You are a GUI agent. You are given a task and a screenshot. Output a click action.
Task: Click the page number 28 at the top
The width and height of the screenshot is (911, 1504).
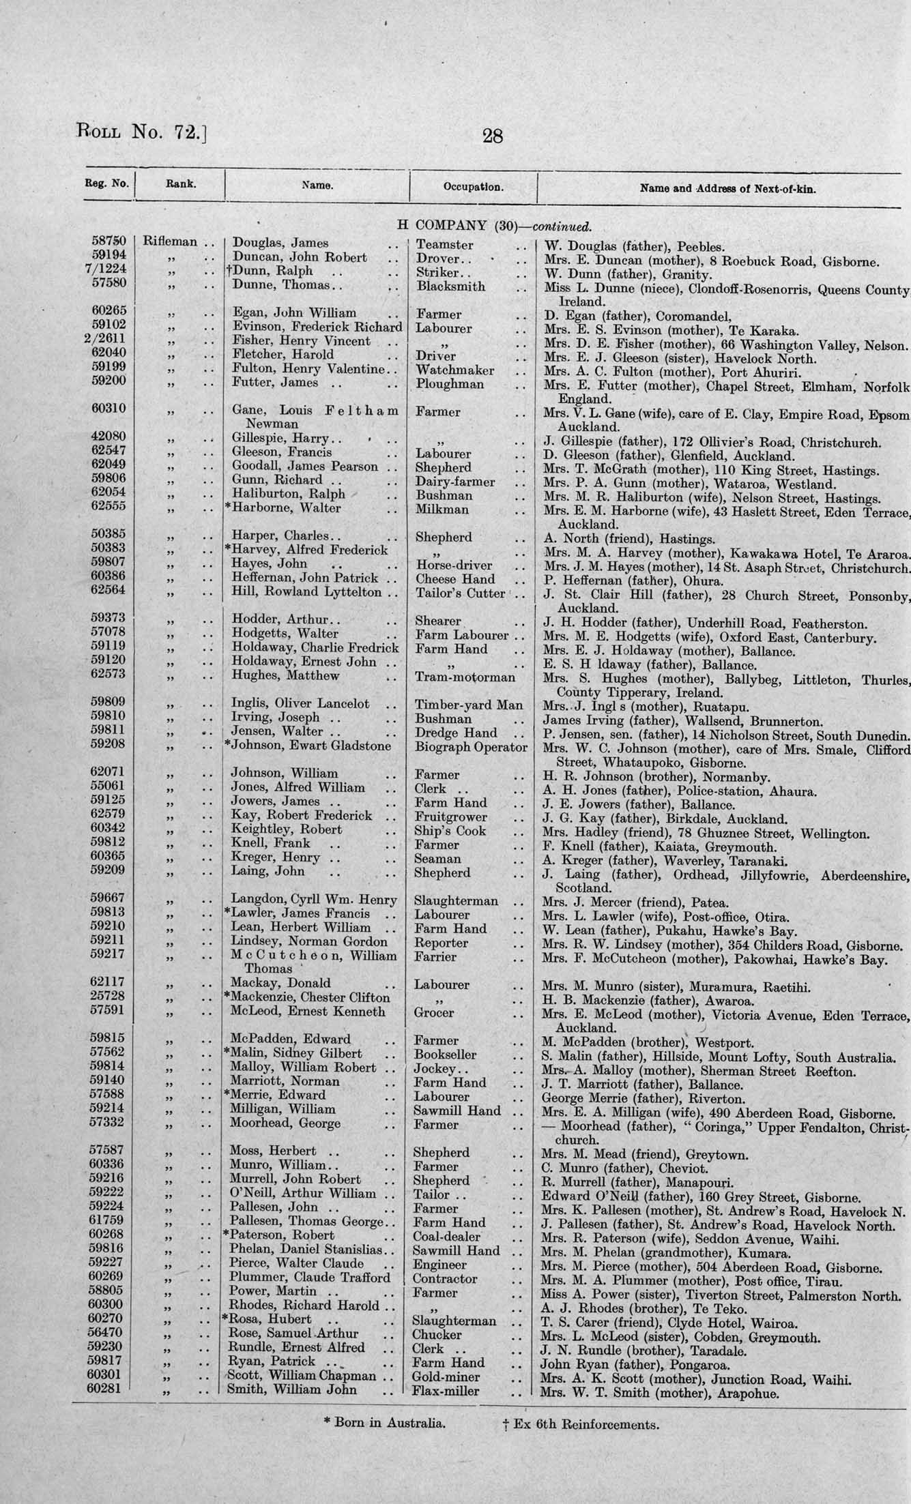(x=492, y=136)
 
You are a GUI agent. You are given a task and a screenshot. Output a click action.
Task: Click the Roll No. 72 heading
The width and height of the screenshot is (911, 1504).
(x=141, y=130)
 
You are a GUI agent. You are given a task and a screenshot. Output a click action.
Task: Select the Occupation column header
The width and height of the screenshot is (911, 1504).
(x=473, y=187)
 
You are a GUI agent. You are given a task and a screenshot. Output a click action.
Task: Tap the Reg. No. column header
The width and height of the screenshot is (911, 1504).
(x=107, y=183)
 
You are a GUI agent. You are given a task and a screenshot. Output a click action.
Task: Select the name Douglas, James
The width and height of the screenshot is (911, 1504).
(x=280, y=243)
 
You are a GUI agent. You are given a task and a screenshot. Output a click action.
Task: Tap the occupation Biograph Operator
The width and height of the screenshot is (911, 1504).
(x=471, y=747)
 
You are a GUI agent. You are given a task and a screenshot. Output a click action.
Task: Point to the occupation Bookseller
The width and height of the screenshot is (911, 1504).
(x=445, y=1055)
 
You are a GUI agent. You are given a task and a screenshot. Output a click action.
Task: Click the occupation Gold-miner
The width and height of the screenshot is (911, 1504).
(x=446, y=1377)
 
